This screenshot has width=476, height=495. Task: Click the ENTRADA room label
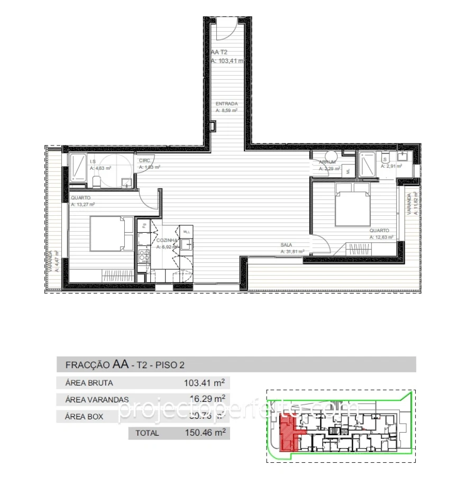tap(226, 104)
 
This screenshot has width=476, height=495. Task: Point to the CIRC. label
tap(145, 161)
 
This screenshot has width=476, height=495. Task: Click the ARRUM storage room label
tap(327, 162)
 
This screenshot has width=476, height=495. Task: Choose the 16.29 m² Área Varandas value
tap(207, 399)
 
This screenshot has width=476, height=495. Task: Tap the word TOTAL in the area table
tap(147, 433)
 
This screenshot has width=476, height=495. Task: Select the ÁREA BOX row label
tap(84, 416)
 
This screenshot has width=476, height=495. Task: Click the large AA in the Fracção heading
tap(121, 364)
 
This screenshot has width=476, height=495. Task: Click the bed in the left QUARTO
tap(110, 233)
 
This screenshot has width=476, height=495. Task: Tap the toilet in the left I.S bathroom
tap(96, 182)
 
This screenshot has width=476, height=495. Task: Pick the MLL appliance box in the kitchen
tap(186, 232)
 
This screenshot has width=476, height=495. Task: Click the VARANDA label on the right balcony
tap(408, 201)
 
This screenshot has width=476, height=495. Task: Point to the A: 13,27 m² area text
tap(83, 204)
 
